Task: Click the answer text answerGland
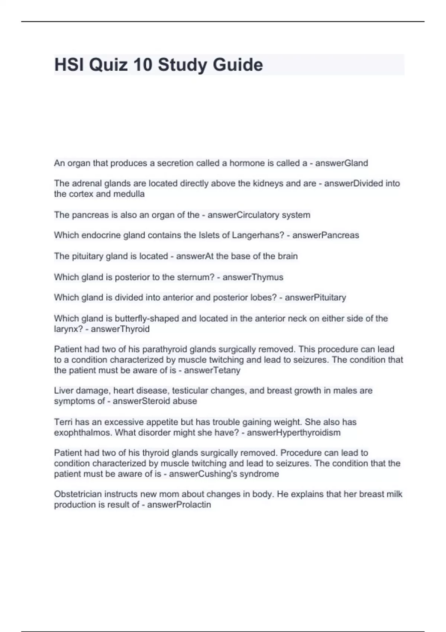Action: [x=342, y=163]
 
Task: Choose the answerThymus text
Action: [x=253, y=277]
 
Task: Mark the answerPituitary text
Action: [x=315, y=297]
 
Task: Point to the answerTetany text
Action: [x=212, y=370]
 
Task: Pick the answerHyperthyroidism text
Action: [x=294, y=432]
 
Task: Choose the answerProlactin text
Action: [x=179, y=504]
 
